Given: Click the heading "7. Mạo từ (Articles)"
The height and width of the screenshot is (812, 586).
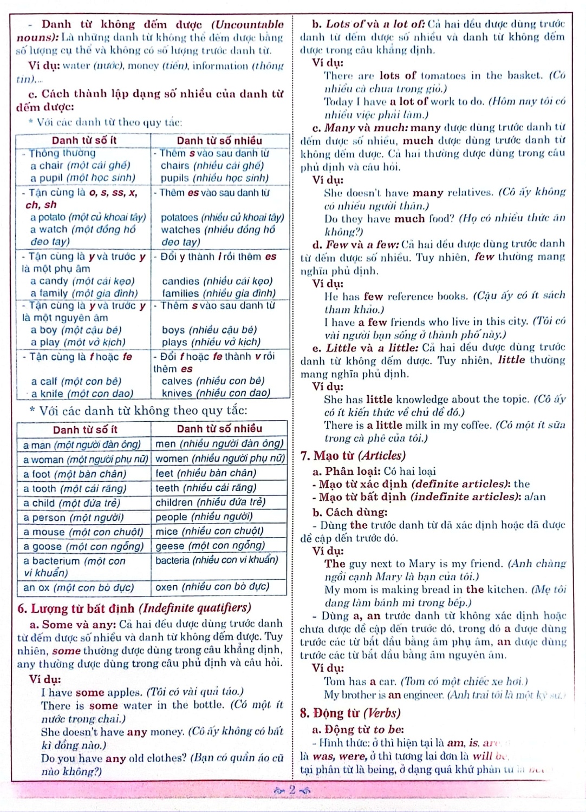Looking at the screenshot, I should (353, 456).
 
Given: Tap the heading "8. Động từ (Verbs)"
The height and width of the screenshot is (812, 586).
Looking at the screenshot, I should (350, 713).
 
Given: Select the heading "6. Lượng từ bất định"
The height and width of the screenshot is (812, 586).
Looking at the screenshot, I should (134, 608).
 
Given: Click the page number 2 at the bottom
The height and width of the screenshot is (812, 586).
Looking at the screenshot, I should (292, 790).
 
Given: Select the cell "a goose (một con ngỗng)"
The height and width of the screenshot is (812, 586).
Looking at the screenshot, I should (83, 546).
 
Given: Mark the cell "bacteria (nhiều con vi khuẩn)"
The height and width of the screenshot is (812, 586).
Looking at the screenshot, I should (217, 560).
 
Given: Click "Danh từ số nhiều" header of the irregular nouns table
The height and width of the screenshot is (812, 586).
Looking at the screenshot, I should (219, 429).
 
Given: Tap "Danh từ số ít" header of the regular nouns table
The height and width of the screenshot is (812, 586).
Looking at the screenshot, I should (84, 140).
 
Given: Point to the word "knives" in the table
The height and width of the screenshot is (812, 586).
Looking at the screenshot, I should (177, 394).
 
